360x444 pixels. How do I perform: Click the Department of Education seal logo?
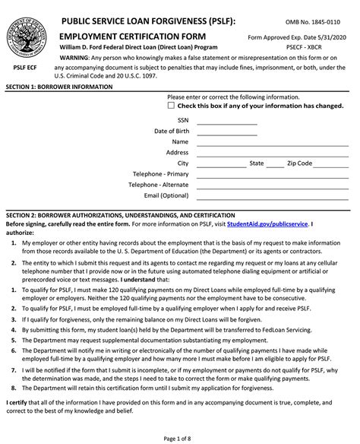coord(27,33)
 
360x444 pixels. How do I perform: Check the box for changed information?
coord(171,106)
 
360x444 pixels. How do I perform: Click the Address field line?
coord(273,153)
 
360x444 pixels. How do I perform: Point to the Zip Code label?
coord(299,163)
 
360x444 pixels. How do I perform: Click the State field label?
coord(257,163)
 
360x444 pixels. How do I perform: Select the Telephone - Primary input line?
coord(273,174)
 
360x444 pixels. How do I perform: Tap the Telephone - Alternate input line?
coord(273,185)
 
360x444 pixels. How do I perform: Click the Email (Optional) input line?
coord(273,196)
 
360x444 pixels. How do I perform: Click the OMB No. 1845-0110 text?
coord(317,24)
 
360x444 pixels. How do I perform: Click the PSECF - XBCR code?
coord(322,47)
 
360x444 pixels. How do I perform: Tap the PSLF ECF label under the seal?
coord(27,68)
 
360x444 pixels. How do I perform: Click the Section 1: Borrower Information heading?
coord(59,87)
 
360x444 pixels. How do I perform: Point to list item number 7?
coord(14,369)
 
